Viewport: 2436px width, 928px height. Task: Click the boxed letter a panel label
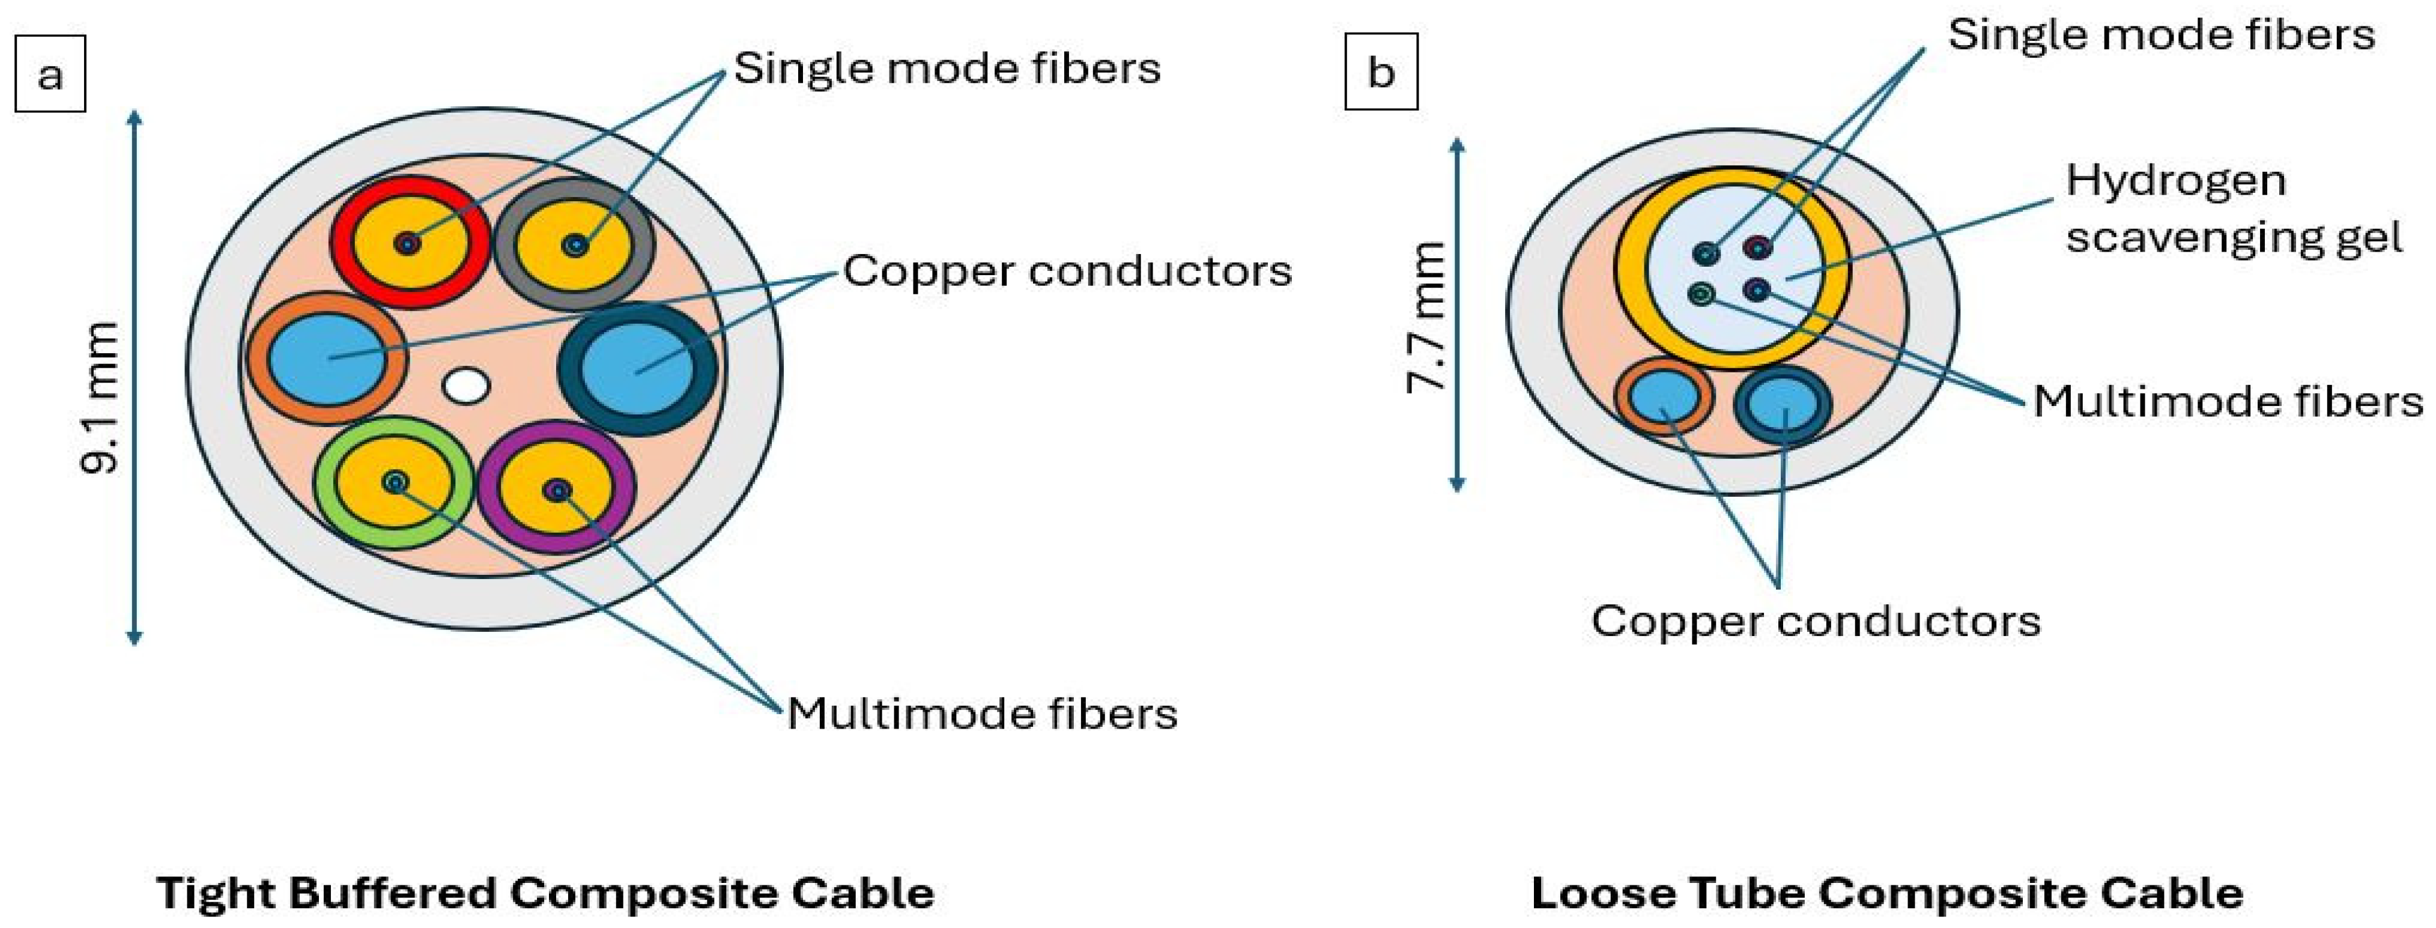[50, 74]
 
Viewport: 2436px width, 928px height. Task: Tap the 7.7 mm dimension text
[1426, 317]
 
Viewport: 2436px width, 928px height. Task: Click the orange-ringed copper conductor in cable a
[328, 359]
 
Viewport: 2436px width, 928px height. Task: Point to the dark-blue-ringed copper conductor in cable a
[637, 369]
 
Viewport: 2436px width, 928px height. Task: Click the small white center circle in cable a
[466, 386]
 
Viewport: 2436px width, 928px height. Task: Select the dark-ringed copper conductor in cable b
[1783, 404]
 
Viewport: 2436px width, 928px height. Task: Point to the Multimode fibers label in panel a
[981, 713]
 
